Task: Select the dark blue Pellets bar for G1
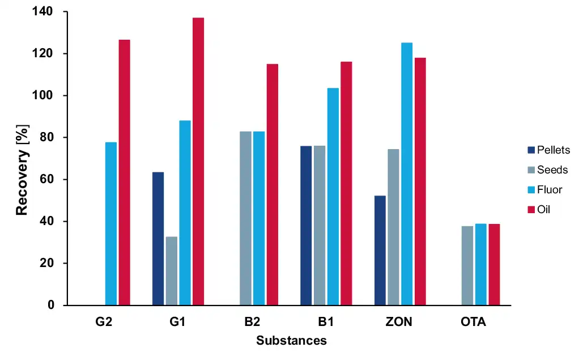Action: pyautogui.click(x=158, y=238)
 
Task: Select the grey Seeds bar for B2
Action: pyautogui.click(x=245, y=218)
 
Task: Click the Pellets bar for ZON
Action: pyautogui.click(x=380, y=250)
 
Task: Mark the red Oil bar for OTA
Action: pyautogui.click(x=494, y=264)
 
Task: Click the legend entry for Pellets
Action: pyautogui.click(x=547, y=150)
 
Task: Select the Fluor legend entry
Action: pyautogui.click(x=544, y=190)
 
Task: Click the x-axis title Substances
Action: pyautogui.click(x=291, y=341)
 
